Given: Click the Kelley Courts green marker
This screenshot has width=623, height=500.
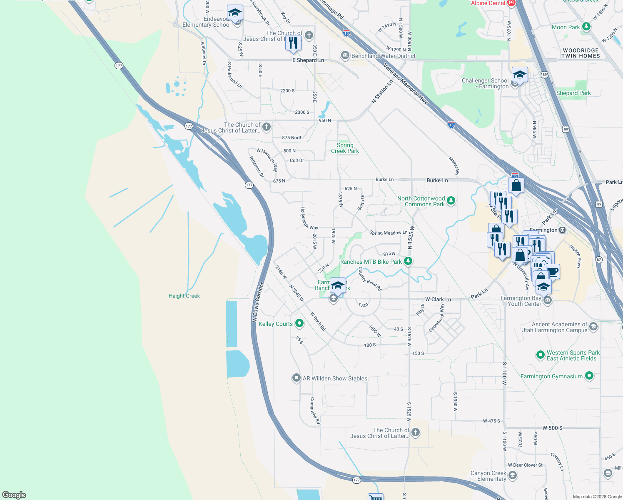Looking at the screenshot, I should [x=299, y=323].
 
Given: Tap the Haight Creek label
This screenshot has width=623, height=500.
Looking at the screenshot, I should [x=184, y=296].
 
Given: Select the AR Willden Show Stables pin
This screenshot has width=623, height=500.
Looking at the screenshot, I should [x=296, y=378].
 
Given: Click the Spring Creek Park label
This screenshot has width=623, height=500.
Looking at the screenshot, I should [x=345, y=148].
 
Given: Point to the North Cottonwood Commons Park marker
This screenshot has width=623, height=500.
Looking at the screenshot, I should [x=451, y=201].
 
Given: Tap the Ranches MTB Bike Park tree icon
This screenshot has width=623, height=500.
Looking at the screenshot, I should [x=408, y=261].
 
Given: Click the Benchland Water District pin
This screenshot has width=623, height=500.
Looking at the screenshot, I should [x=345, y=55].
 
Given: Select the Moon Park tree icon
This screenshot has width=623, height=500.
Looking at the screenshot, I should [x=586, y=27].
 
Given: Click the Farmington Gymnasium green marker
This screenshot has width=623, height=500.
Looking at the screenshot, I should [x=589, y=376].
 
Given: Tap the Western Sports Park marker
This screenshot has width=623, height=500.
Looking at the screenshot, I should [x=541, y=355].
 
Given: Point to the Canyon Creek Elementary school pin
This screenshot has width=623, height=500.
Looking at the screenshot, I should [x=513, y=475].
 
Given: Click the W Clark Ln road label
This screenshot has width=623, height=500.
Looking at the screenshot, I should [x=438, y=299].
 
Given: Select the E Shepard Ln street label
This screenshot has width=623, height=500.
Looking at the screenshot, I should [x=308, y=60].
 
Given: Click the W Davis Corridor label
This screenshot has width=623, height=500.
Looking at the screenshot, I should [x=258, y=302].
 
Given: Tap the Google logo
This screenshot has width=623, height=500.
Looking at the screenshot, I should [x=14, y=495].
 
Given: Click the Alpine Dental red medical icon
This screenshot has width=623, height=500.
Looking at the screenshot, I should [x=511, y=3].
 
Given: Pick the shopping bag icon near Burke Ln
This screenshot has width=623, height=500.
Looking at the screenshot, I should [x=516, y=185].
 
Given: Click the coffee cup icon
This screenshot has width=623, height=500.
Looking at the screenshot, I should [x=552, y=272].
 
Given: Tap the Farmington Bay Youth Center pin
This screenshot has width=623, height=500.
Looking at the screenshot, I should [x=548, y=300].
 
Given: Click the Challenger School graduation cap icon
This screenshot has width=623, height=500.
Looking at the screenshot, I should [x=520, y=75].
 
